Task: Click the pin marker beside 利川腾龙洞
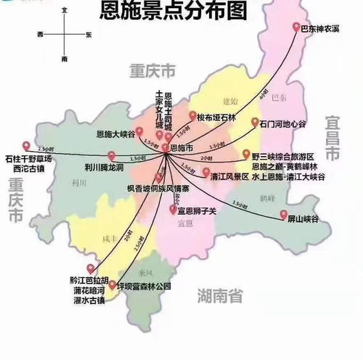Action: tap(111, 154)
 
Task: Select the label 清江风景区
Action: tap(229, 176)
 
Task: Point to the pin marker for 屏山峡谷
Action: tap(283, 213)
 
